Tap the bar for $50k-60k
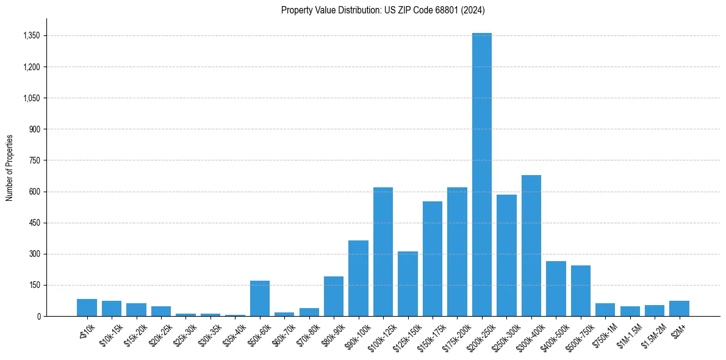pos(260,298)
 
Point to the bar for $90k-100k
pos(358,278)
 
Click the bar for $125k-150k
pos(408,284)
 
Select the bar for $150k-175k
pos(433,259)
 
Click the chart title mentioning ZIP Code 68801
pos(383,10)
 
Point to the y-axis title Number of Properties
pos(10,167)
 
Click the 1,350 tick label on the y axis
pos(31,35)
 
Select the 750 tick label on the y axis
pos(34,160)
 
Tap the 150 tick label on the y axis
pos(34,285)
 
